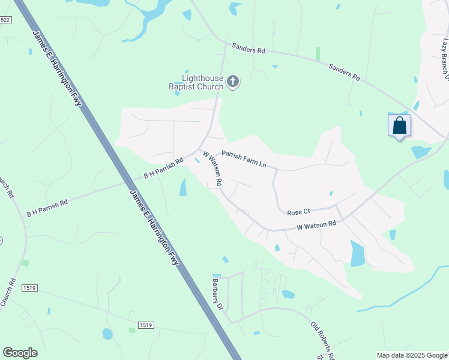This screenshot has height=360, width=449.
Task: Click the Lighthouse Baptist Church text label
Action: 203,82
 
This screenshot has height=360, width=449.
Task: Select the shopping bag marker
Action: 400,126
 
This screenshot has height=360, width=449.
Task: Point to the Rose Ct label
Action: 298,212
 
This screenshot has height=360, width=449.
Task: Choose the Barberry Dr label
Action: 217,293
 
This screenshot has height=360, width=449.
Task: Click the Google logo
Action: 20,353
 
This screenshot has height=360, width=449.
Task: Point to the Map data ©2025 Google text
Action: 412,355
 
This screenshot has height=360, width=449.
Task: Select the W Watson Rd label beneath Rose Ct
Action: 316,226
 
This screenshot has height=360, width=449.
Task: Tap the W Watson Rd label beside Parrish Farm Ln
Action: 213,168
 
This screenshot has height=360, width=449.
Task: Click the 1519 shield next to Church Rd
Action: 28,289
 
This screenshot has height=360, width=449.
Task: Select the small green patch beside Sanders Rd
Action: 318,54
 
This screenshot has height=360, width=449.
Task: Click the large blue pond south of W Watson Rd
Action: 357,254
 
